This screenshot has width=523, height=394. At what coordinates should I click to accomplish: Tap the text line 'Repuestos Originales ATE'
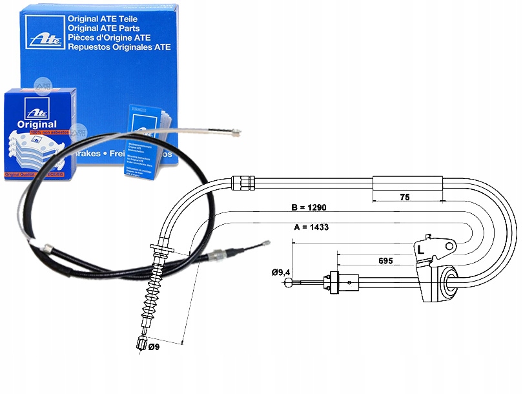[x=118, y=47]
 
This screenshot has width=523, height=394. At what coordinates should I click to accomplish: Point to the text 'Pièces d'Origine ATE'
[x=110, y=37]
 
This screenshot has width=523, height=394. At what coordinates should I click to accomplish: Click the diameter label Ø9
[x=155, y=348]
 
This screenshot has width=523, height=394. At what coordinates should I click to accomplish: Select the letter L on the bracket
[x=420, y=249]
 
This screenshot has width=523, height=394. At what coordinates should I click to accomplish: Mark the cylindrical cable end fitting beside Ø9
[x=142, y=343]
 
